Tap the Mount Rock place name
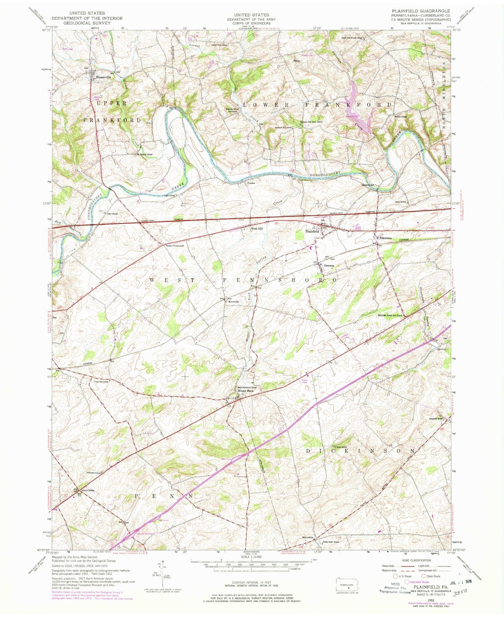tap(246, 391)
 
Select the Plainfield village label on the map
tap(312, 231)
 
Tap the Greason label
tap(329, 266)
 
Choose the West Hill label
tap(257, 229)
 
